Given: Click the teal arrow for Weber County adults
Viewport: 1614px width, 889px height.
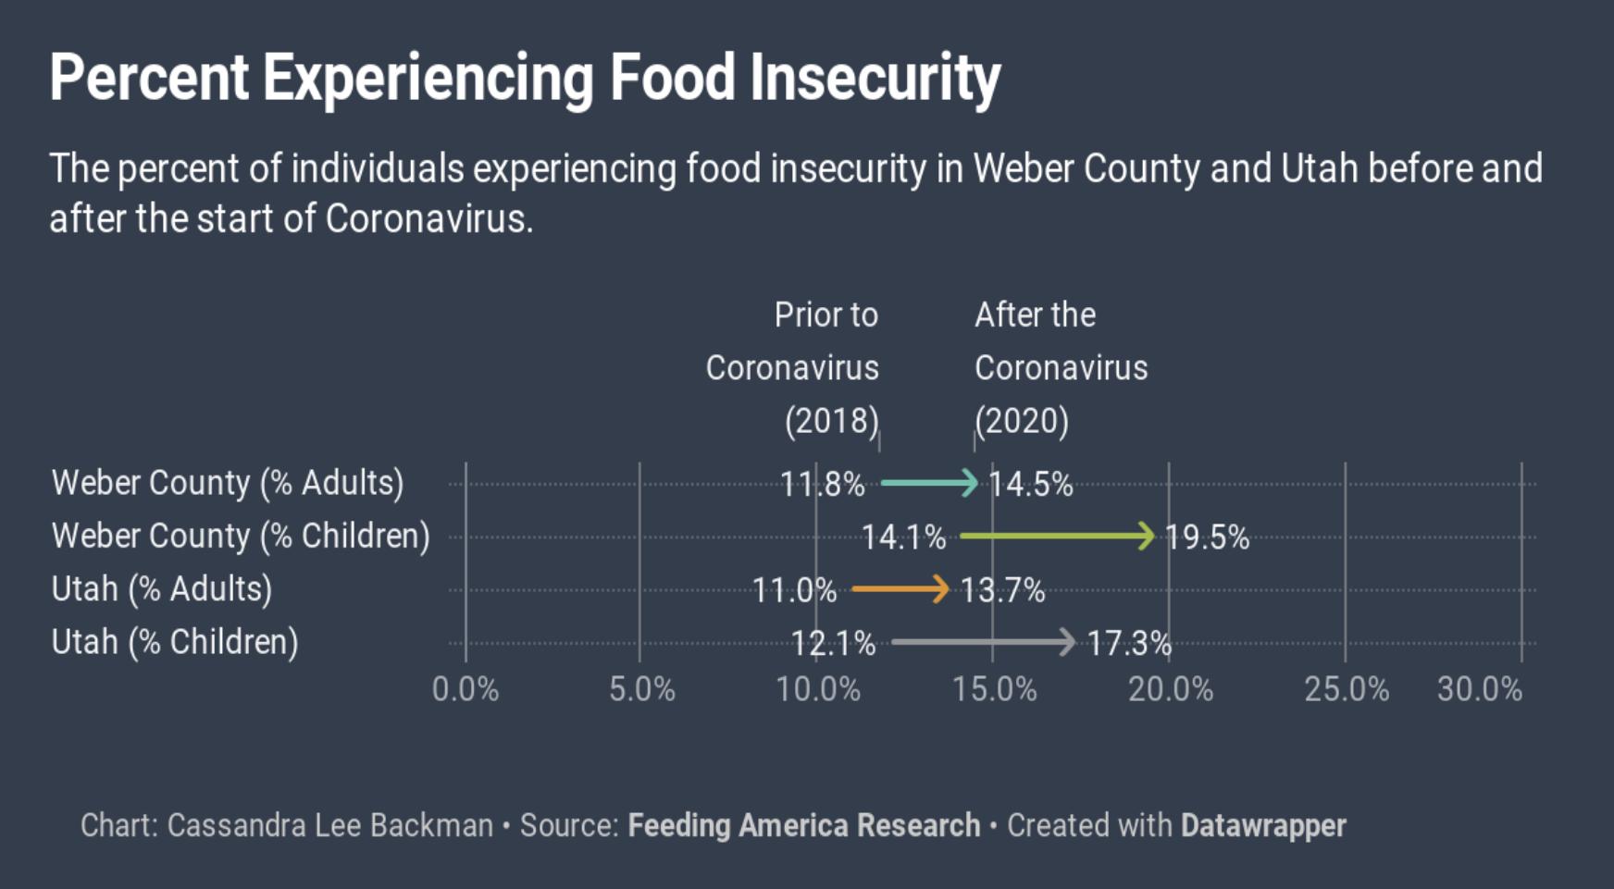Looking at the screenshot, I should [x=928, y=482].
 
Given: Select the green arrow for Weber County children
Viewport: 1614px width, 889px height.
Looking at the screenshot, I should [x=1057, y=536].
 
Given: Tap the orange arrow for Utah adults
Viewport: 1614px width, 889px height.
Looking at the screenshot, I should [x=900, y=588].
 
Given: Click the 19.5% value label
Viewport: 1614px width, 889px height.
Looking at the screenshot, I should [x=1207, y=537].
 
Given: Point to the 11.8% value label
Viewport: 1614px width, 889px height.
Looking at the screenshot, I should [x=822, y=484].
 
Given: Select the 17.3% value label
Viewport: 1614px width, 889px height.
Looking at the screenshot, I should [x=1129, y=643].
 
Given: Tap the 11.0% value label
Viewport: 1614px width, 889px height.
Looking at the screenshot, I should [x=794, y=590].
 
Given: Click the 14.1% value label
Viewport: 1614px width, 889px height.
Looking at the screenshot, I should [x=903, y=537].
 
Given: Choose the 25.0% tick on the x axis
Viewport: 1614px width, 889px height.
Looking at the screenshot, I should [x=1347, y=689].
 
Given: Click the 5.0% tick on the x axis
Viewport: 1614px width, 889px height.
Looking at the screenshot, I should [x=641, y=689].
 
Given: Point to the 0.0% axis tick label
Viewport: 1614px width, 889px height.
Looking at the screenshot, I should [x=466, y=689].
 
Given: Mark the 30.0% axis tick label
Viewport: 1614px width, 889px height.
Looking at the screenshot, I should [x=1479, y=689].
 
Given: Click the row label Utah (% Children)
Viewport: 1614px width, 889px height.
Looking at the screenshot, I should [x=175, y=642].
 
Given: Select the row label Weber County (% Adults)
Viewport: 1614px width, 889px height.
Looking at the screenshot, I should [x=228, y=483].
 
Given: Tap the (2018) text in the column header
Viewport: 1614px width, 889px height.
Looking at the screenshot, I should [x=831, y=421].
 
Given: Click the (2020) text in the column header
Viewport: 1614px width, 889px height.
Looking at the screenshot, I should [x=1022, y=421].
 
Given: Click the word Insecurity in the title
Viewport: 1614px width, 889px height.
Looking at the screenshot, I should [x=875, y=78].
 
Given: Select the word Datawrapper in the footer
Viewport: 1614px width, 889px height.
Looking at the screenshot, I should [x=1262, y=825].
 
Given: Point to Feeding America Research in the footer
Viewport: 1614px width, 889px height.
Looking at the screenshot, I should [x=803, y=825].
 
